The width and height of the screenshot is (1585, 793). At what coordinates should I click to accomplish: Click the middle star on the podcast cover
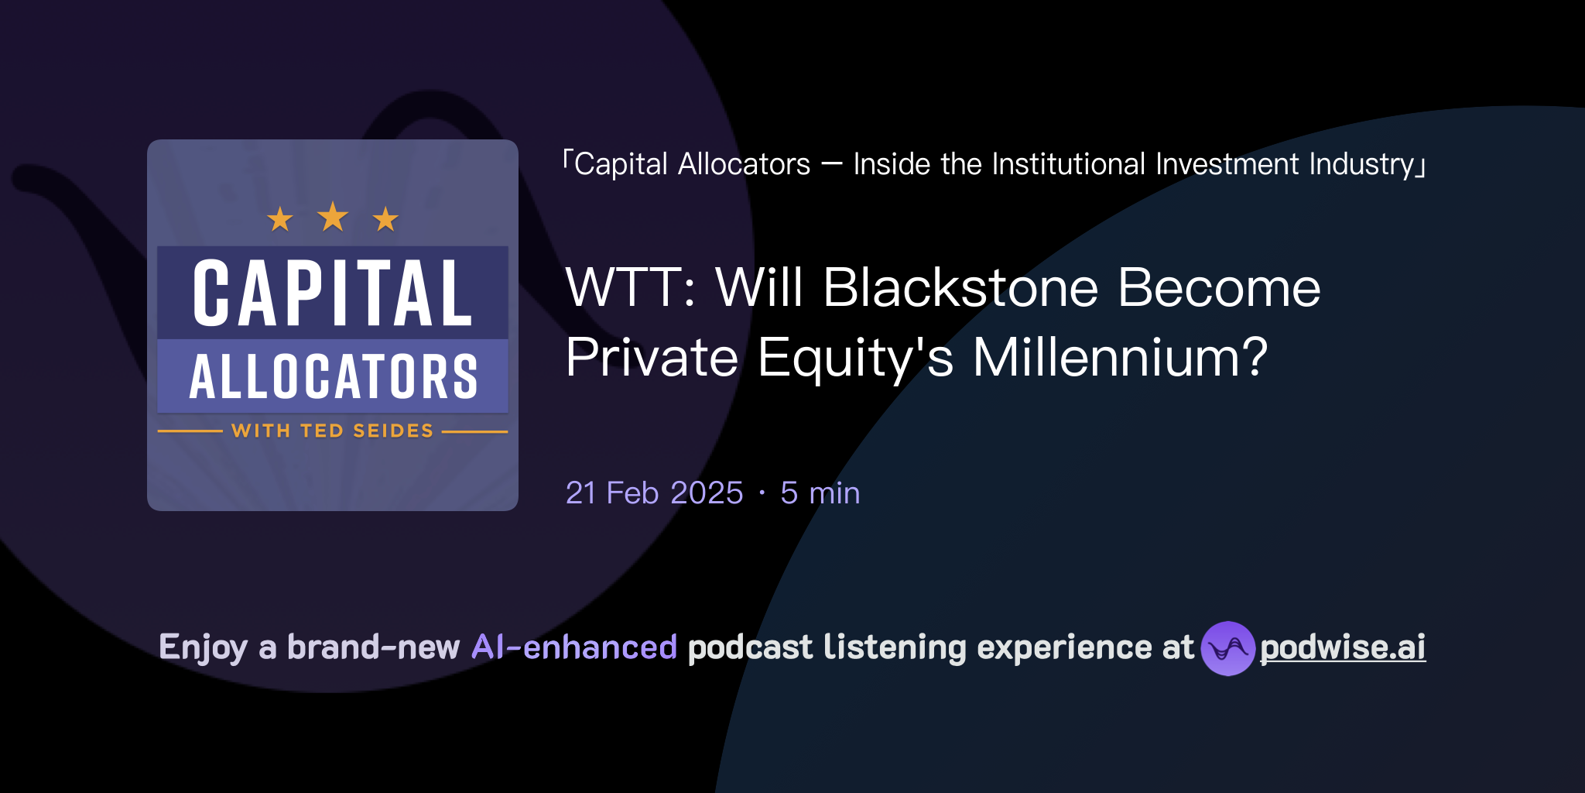333,217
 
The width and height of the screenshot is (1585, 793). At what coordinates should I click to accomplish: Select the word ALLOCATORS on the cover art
333,377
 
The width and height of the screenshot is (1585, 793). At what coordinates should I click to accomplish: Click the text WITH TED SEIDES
333,431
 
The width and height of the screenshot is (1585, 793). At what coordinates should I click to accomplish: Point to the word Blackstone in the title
960,288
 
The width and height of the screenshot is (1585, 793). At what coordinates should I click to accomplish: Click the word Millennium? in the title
1120,358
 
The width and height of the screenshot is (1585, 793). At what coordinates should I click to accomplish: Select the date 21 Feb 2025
654,493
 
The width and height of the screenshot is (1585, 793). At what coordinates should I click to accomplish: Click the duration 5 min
820,493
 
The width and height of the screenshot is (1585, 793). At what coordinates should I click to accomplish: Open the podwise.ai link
1343,647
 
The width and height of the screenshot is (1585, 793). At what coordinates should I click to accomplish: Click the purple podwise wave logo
1227,648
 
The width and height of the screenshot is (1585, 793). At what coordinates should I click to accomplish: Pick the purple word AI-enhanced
574,647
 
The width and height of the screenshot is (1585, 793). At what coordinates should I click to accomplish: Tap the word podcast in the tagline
750,647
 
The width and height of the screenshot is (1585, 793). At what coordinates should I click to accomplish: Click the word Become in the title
1219,288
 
